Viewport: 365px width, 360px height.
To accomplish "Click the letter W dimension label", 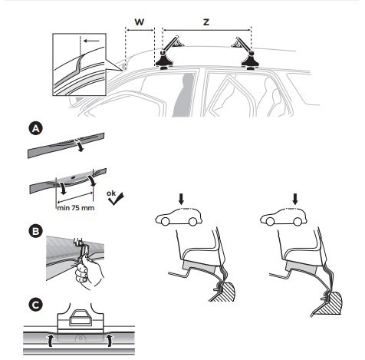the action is click(x=140, y=22).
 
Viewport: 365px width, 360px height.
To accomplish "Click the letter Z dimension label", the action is click(x=206, y=22).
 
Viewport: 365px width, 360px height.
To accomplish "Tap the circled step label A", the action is click(x=35, y=128).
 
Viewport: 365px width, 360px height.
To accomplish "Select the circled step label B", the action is click(x=35, y=231).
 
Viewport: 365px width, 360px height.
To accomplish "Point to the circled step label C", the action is click(x=35, y=305).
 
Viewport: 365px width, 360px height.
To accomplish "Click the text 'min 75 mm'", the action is click(x=76, y=208).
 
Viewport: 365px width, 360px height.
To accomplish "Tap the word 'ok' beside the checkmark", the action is click(x=111, y=193).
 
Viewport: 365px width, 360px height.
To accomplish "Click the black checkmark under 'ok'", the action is click(x=116, y=200).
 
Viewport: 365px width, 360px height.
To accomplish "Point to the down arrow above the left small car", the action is click(x=181, y=199).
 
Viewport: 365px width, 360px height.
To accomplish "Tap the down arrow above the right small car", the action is click(x=295, y=199).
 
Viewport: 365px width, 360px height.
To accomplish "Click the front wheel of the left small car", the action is click(x=165, y=221).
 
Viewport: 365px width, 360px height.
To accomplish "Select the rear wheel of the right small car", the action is click(x=297, y=222).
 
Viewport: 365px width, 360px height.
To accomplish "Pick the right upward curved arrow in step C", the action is click(x=110, y=340).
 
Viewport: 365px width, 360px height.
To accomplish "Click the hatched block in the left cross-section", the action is click(x=224, y=292).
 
